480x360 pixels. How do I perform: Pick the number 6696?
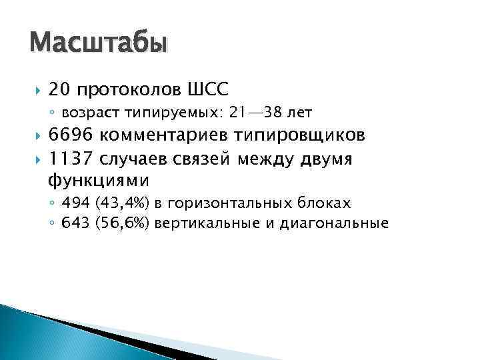point(72,137)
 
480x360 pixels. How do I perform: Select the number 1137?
point(71,159)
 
